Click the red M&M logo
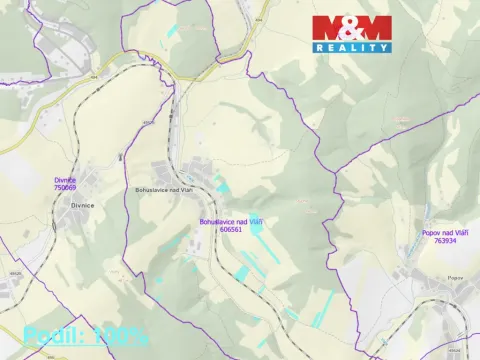351,28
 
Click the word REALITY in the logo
352,47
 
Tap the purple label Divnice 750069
65,183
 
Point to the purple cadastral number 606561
230,228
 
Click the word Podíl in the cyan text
53,336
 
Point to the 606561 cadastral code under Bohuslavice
230,228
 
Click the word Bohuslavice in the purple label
218,221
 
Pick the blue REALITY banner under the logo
352,47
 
